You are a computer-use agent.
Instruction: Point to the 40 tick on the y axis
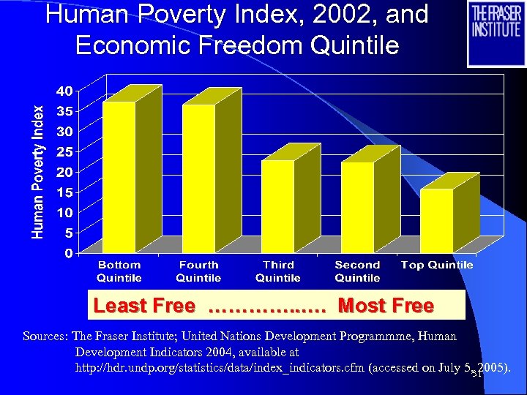[64, 91]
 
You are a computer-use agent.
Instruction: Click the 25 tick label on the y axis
[64, 152]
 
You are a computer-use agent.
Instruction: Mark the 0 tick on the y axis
[67, 253]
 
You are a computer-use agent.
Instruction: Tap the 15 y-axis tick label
[64, 192]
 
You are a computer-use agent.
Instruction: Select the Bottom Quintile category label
[119, 271]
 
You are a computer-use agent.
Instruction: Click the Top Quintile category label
[437, 265]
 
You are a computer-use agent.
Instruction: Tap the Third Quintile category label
[278, 271]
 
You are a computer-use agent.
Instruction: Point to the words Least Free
[144, 306]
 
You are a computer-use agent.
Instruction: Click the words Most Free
[386, 306]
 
